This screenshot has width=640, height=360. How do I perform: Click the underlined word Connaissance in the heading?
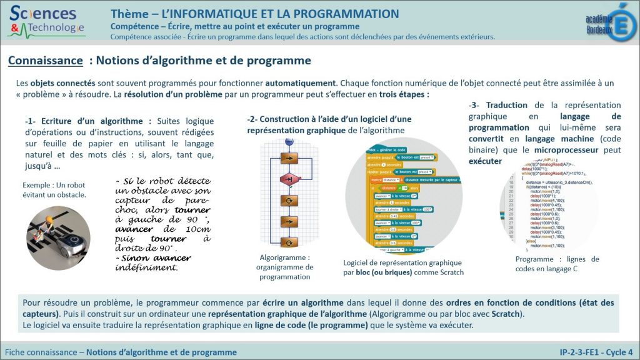click(x=46, y=61)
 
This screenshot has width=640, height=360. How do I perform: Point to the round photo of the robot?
click(x=58, y=233)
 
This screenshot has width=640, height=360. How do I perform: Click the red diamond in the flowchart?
click(x=289, y=179)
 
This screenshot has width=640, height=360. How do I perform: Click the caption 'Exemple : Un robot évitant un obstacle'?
click(x=54, y=190)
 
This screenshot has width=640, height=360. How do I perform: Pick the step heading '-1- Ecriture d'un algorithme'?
click(x=84, y=121)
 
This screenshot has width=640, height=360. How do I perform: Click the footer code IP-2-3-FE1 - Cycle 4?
click(x=596, y=352)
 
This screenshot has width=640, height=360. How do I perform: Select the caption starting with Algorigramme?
click(x=284, y=267)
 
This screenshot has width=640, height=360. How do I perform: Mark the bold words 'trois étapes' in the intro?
click(x=404, y=94)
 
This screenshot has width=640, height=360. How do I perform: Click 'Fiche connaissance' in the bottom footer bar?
click(x=40, y=352)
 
